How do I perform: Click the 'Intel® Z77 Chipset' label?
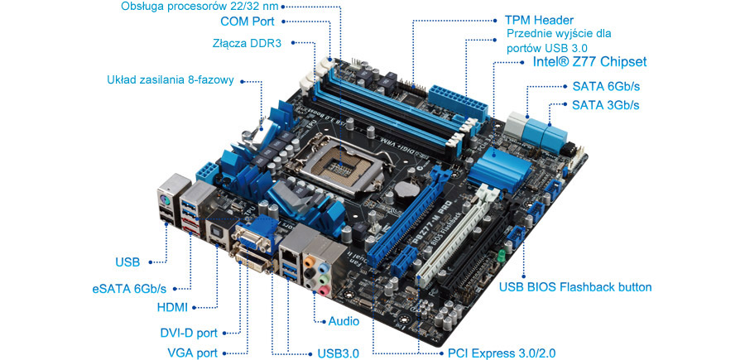tap(589, 62)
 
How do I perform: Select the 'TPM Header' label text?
tap(539, 21)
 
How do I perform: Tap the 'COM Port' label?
tap(248, 22)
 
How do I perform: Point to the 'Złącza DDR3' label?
tap(247, 43)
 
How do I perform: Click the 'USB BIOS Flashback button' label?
tap(575, 287)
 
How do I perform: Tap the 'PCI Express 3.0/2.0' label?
tap(502, 353)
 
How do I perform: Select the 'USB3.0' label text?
tap(338, 354)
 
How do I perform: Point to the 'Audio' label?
tap(344, 322)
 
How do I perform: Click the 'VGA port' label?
tap(192, 353)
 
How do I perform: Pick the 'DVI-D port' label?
tap(189, 333)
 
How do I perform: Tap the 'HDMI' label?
tap(172, 307)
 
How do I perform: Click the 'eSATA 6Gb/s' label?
tap(129, 289)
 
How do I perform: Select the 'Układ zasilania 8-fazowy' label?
tap(170, 80)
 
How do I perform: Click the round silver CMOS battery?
tap(403, 191)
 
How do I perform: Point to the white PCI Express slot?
tap(457, 234)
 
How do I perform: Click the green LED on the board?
tap(500, 257)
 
